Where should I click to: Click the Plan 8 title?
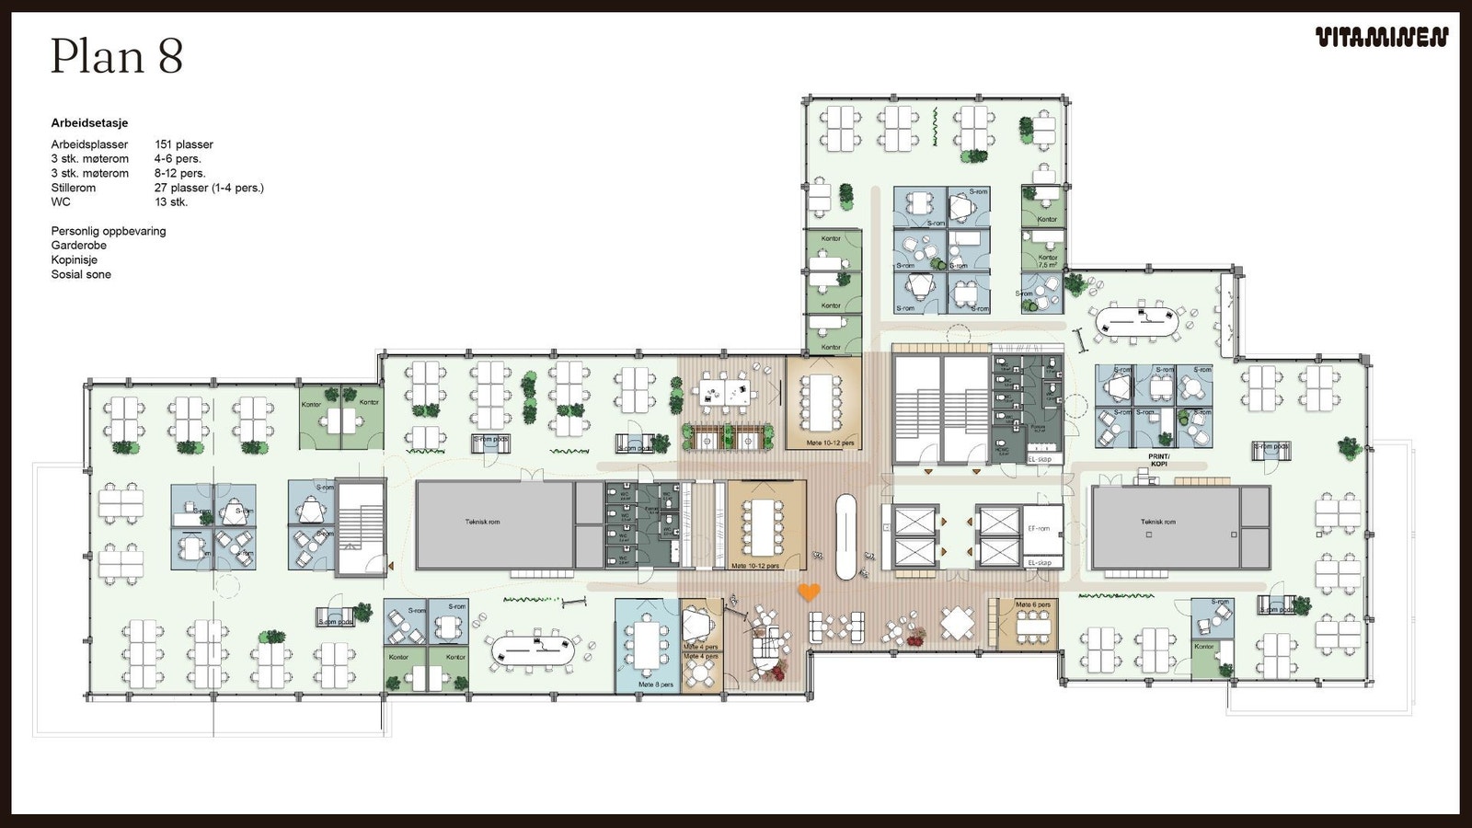(117, 56)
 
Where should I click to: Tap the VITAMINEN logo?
(1381, 38)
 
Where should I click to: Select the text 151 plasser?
(183, 144)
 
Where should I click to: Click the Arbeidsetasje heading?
(89, 123)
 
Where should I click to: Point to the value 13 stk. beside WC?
(171, 202)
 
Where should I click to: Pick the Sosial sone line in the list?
(81, 275)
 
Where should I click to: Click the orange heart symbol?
(809, 592)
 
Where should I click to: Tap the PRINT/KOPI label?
(1158, 460)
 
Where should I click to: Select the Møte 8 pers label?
(656, 684)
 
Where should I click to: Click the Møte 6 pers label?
(1032, 604)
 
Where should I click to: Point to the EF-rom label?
(1039, 529)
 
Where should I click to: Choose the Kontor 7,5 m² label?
(1048, 261)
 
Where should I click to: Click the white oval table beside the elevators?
(845, 536)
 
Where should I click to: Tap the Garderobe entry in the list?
(79, 246)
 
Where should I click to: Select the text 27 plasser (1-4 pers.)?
(209, 188)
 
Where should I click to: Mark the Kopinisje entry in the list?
(74, 260)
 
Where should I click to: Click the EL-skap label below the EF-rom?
(1040, 562)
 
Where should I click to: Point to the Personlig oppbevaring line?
(109, 232)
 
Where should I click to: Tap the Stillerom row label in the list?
(74, 188)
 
